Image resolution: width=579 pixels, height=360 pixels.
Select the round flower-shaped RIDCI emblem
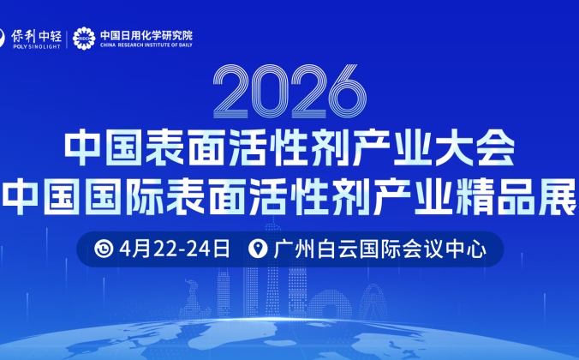click(83, 37)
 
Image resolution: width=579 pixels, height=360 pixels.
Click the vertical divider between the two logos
click(68, 38)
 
